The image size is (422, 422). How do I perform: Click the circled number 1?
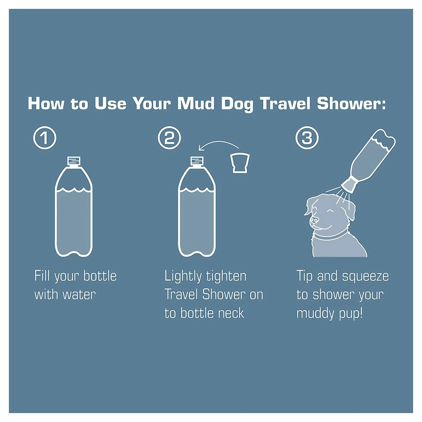[45, 138]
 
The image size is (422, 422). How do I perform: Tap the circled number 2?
[169, 138]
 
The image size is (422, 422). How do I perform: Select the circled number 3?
[307, 138]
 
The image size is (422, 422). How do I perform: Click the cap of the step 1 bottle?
[74, 161]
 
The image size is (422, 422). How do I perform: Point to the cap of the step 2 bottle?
[197, 161]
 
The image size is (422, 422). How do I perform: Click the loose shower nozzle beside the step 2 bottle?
[240, 163]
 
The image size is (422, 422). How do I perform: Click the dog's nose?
[314, 219]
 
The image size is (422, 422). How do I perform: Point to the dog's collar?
[330, 236]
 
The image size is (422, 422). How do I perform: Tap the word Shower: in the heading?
[351, 104]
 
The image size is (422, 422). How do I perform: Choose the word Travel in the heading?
[285, 104]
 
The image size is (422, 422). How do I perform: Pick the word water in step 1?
[79, 295]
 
